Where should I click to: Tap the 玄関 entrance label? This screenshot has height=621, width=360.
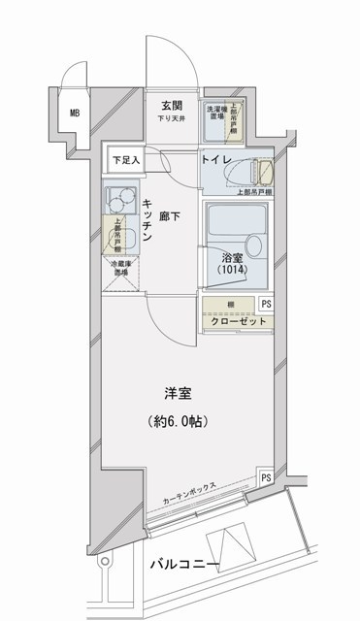point(173,106)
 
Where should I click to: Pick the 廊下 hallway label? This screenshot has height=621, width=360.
point(171,214)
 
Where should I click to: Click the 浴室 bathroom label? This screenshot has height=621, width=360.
point(231,257)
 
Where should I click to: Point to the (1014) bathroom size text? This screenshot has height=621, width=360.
point(232,273)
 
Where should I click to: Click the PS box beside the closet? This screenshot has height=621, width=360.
point(267,303)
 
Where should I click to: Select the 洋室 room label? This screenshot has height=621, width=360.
point(178,395)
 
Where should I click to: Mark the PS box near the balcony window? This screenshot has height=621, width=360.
point(266,478)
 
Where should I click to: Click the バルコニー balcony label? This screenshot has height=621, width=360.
point(184,565)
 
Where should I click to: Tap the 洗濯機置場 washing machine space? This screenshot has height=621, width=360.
point(214,113)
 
